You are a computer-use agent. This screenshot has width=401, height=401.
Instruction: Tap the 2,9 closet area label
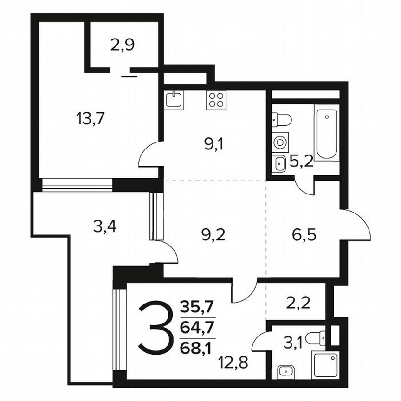(x=122, y=46)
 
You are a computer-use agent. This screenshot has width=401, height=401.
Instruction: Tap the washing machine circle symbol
(x=280, y=142)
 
